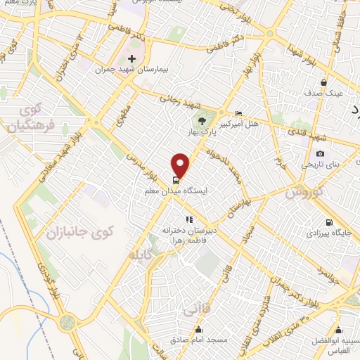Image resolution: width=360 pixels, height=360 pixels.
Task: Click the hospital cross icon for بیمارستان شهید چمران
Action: coord(132,58)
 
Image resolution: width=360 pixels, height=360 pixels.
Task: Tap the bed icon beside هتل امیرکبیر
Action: coord(238,113)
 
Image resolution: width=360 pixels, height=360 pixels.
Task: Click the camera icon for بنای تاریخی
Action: coord(321,154)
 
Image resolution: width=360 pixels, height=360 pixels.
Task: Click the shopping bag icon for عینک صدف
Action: coord(324,82)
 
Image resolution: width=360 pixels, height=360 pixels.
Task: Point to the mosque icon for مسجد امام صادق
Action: coord(199,330)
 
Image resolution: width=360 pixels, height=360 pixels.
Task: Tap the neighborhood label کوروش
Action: coord(305,191)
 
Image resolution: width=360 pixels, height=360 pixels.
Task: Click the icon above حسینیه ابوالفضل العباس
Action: coord(338,330)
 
